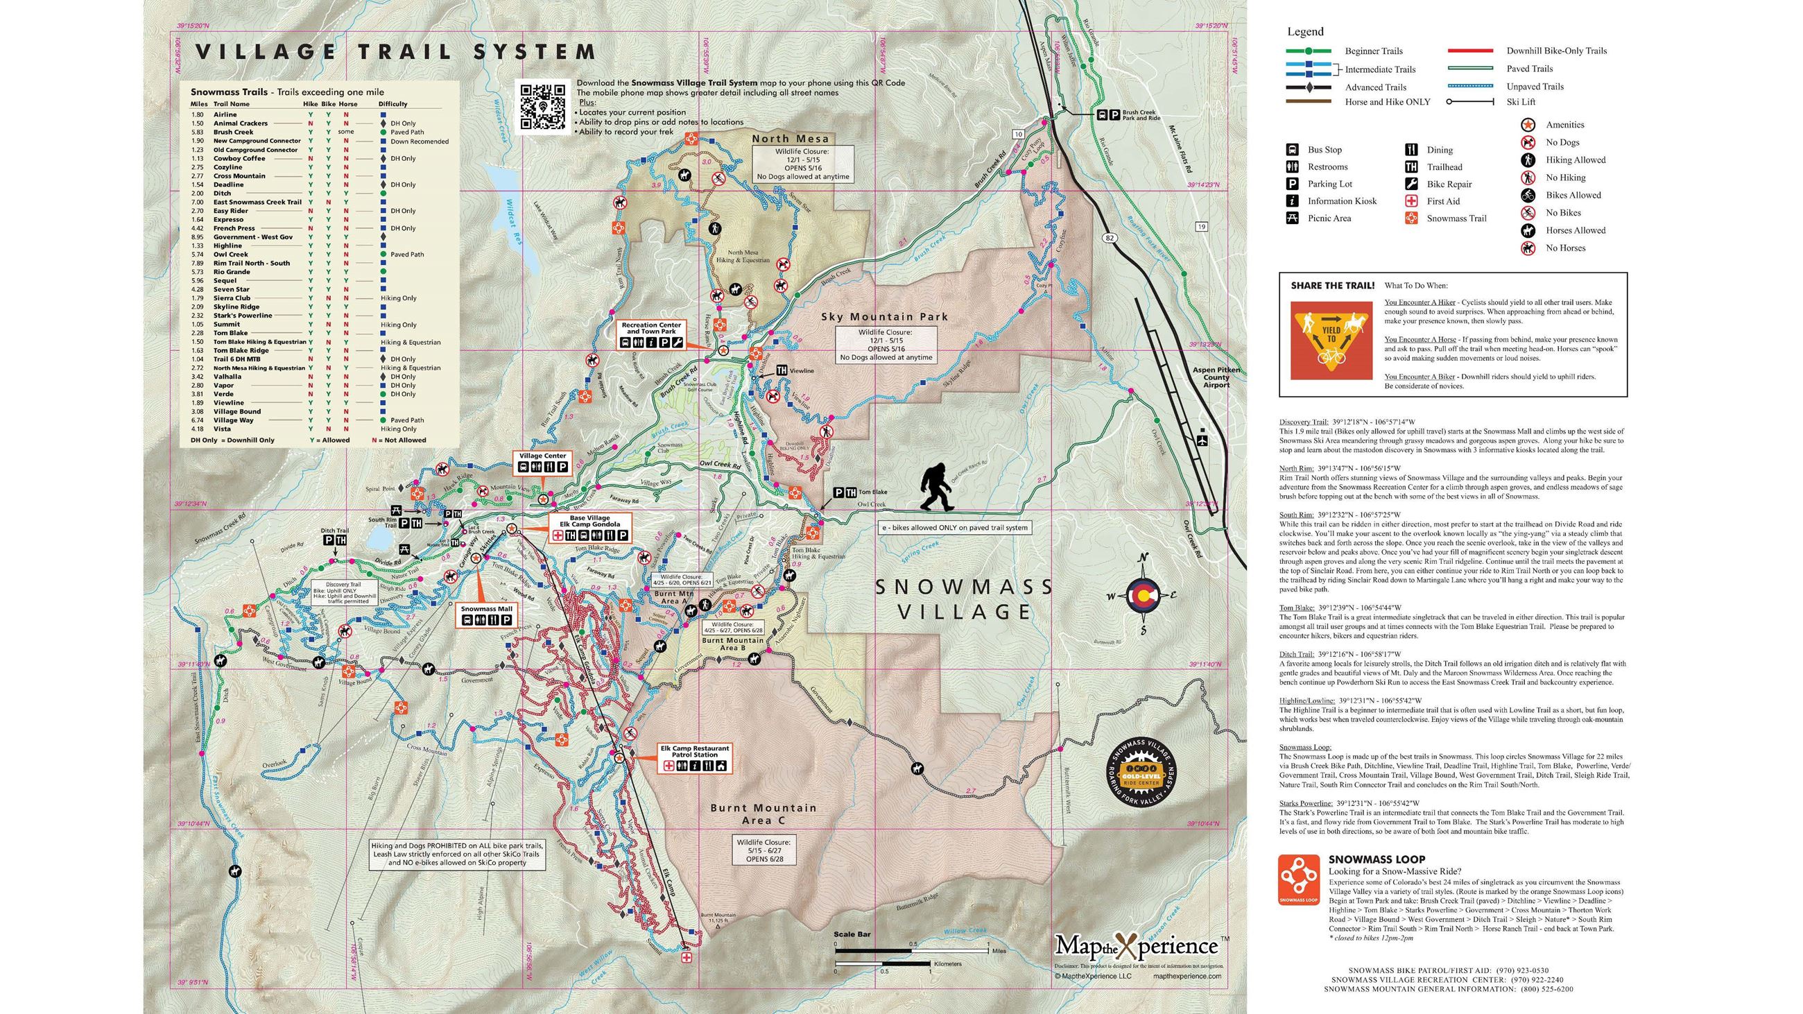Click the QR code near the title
pyautogui.click(x=541, y=106)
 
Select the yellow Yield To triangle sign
pyautogui.click(x=1331, y=340)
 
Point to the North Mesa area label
pyautogui.click(x=791, y=139)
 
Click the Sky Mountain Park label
pyautogui.click(x=884, y=317)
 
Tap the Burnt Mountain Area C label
pyautogui.click(x=763, y=814)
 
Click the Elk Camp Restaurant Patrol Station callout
pyautogui.click(x=694, y=758)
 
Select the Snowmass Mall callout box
pyautogui.click(x=486, y=615)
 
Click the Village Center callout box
pyautogui.click(x=542, y=463)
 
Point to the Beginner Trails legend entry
pyautogui.click(x=1372, y=51)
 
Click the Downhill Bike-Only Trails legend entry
pyautogui.click(x=1556, y=51)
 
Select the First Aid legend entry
pyautogui.click(x=1442, y=201)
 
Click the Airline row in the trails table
pyautogui.click(x=225, y=114)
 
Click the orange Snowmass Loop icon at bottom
pyautogui.click(x=1298, y=879)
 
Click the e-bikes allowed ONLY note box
pyautogui.click(x=956, y=528)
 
